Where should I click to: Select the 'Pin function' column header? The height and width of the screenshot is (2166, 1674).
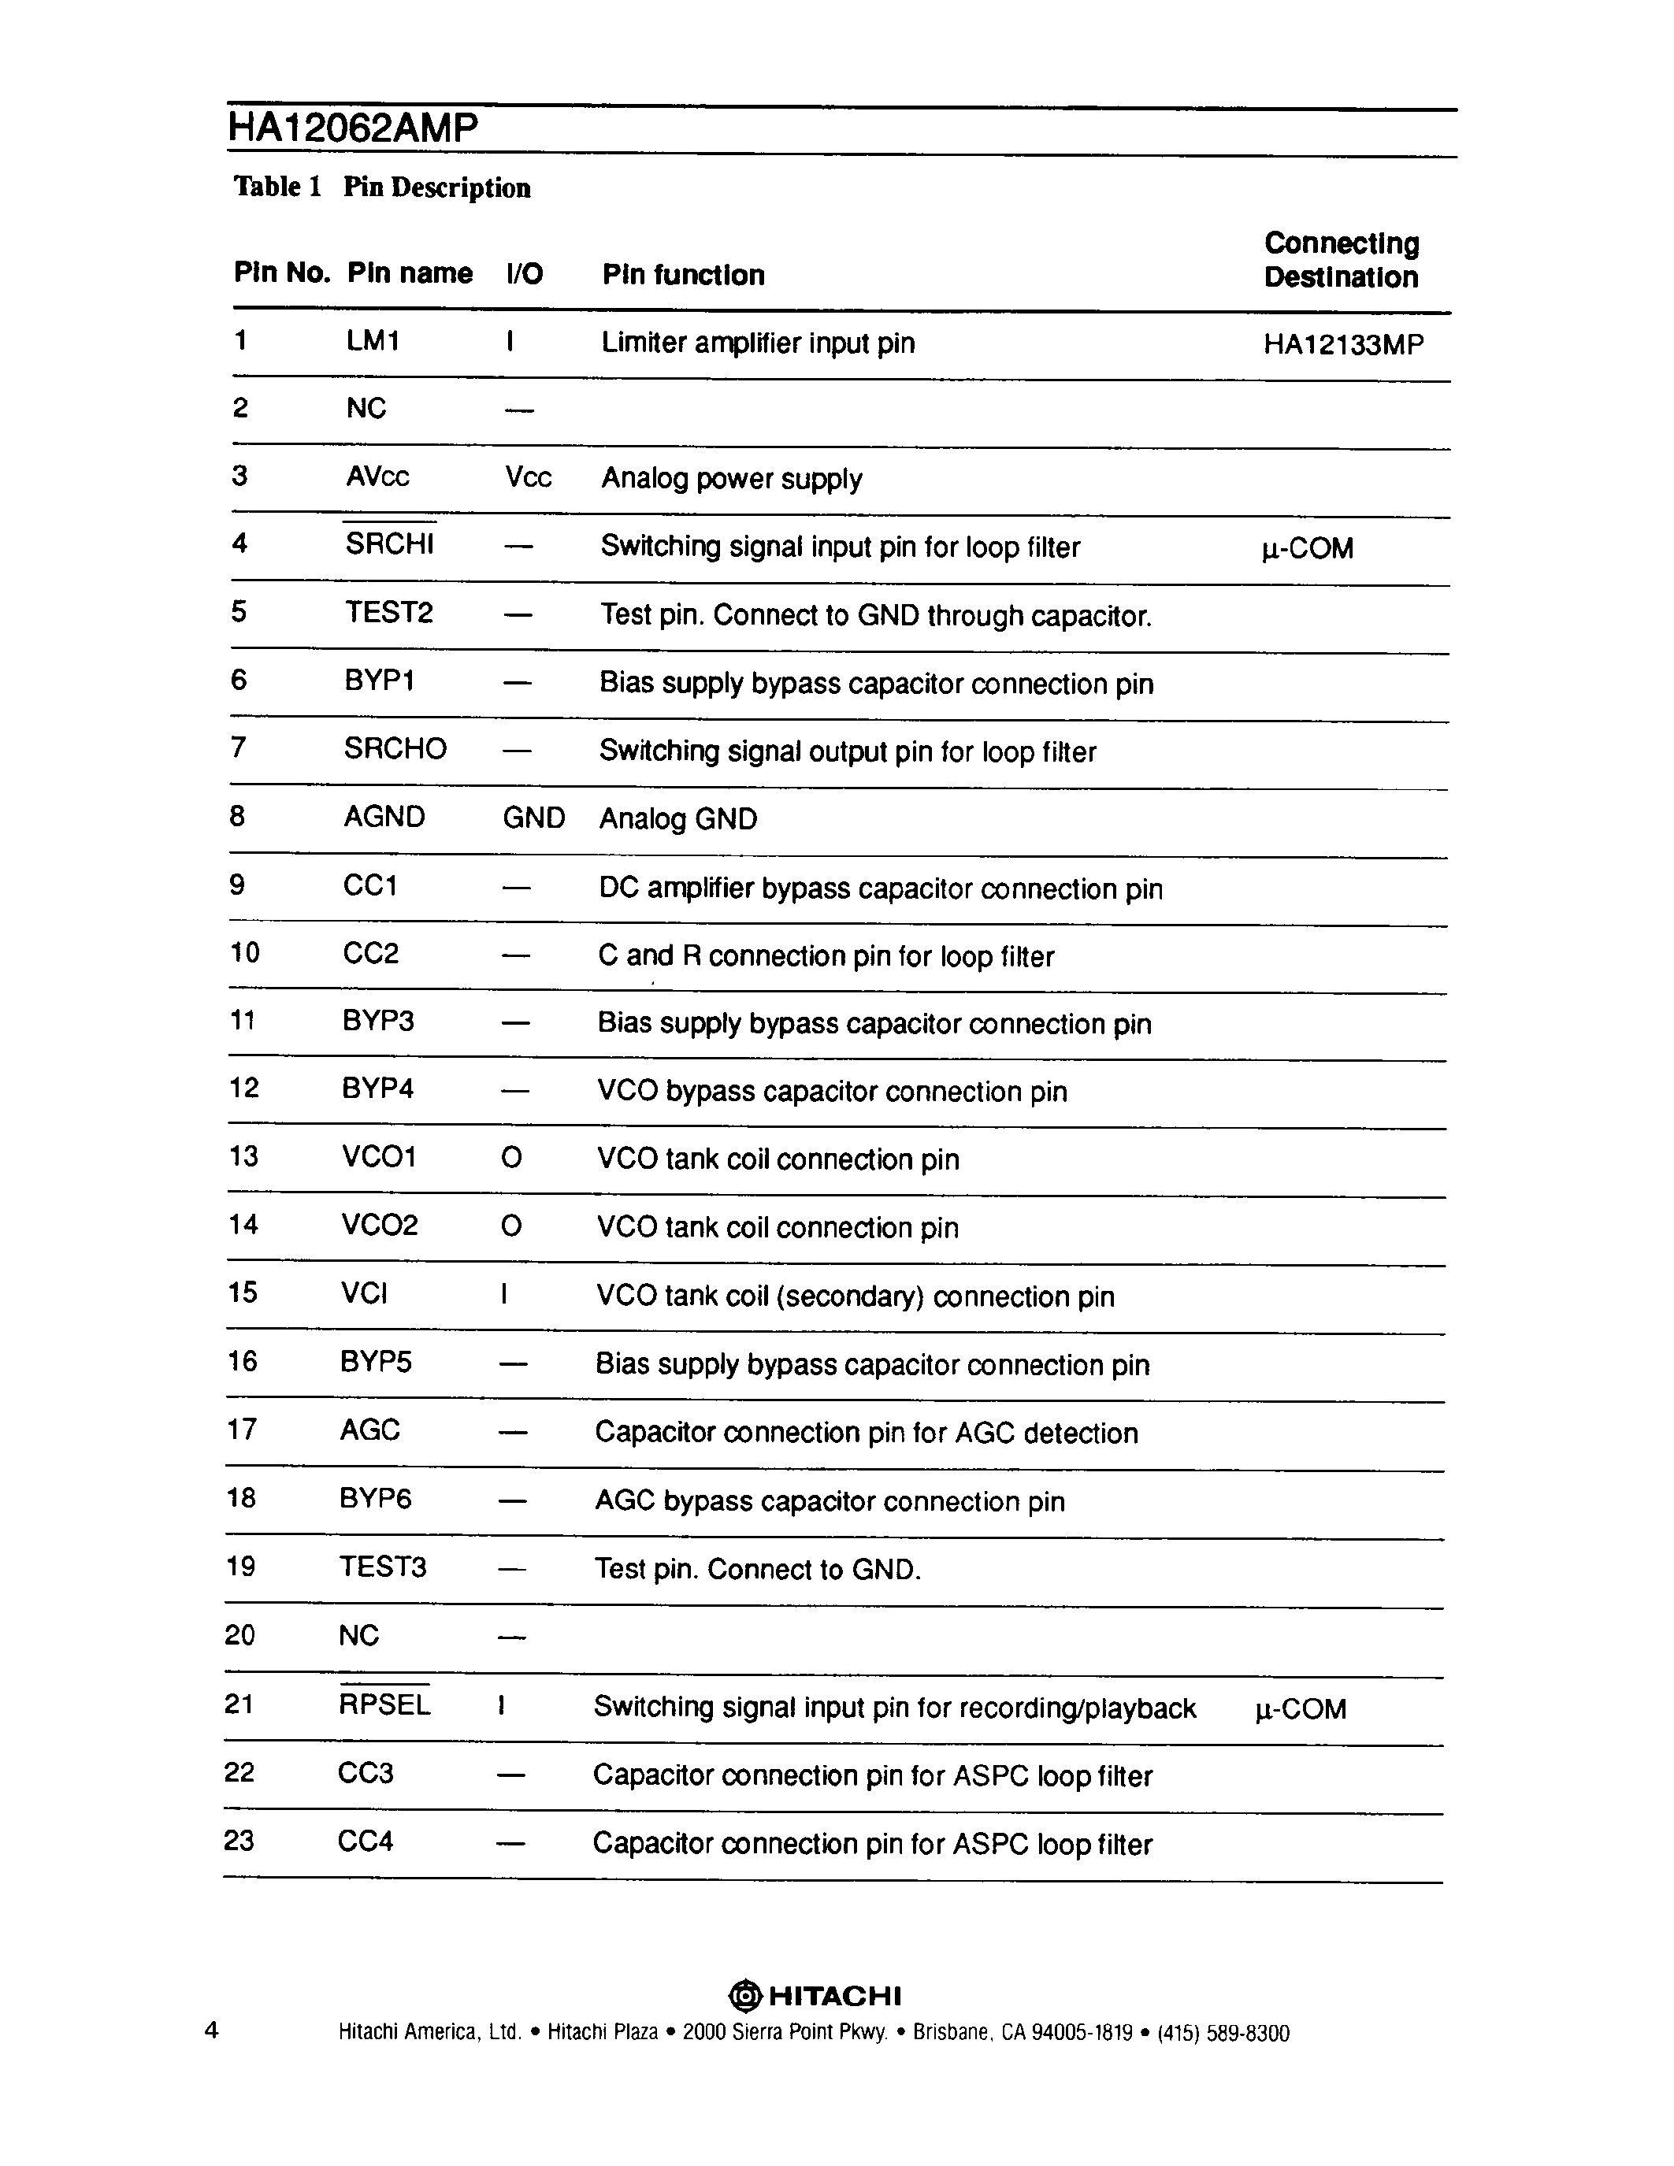click(x=683, y=275)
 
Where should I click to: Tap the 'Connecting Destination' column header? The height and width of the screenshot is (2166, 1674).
click(x=1341, y=260)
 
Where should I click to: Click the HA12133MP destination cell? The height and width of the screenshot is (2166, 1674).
click(x=1343, y=344)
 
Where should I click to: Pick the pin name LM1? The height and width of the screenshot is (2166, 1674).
click(x=373, y=341)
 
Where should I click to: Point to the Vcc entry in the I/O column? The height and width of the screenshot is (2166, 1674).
click(x=528, y=477)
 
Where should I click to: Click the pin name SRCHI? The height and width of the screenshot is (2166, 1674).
click(x=390, y=543)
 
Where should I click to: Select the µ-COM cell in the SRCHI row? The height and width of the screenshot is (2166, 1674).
click(x=1307, y=548)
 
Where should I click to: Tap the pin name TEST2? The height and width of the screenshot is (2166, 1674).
click(x=388, y=612)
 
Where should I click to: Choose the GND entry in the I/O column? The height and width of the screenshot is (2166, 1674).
click(x=533, y=818)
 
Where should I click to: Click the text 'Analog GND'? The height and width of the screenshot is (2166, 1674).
click(x=678, y=819)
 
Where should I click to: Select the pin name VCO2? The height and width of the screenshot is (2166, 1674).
click(x=380, y=1225)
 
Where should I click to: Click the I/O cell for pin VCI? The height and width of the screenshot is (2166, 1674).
click(x=505, y=1294)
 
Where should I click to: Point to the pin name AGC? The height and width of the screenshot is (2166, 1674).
click(x=370, y=1430)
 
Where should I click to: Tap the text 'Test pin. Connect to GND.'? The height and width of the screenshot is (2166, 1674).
click(x=758, y=1569)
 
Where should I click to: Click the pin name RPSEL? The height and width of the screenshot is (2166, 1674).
click(x=384, y=1704)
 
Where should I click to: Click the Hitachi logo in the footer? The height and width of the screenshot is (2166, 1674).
click(x=815, y=1995)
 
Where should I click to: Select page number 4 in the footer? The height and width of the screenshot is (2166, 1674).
click(x=211, y=2029)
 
